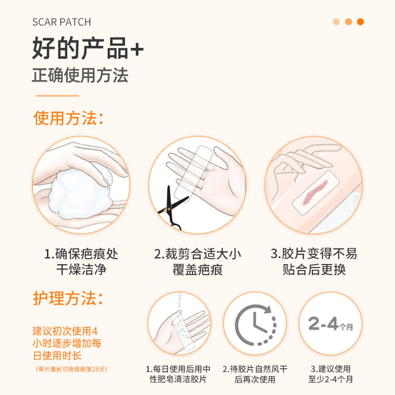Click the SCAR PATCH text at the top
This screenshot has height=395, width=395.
(x=61, y=22)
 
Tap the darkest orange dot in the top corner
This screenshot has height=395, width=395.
(x=360, y=22)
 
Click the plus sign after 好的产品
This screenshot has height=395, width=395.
(x=137, y=49)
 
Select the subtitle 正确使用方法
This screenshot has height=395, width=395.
(x=80, y=76)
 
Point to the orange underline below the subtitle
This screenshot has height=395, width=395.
(x=57, y=96)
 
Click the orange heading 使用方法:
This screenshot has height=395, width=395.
(x=68, y=118)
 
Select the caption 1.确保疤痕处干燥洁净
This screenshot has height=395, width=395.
(x=81, y=262)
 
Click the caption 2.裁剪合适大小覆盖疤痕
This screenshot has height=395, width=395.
(x=197, y=262)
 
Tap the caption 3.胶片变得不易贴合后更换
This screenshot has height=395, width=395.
(x=314, y=262)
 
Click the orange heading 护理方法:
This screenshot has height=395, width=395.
(x=68, y=298)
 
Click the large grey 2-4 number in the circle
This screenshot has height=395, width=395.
(x=323, y=323)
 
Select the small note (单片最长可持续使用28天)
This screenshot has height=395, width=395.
(x=72, y=369)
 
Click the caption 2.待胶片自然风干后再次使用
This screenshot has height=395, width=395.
(x=255, y=374)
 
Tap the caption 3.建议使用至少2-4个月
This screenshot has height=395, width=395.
(x=330, y=374)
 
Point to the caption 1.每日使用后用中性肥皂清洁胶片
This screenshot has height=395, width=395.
(x=178, y=374)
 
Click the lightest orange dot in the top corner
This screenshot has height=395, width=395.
(x=336, y=22)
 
